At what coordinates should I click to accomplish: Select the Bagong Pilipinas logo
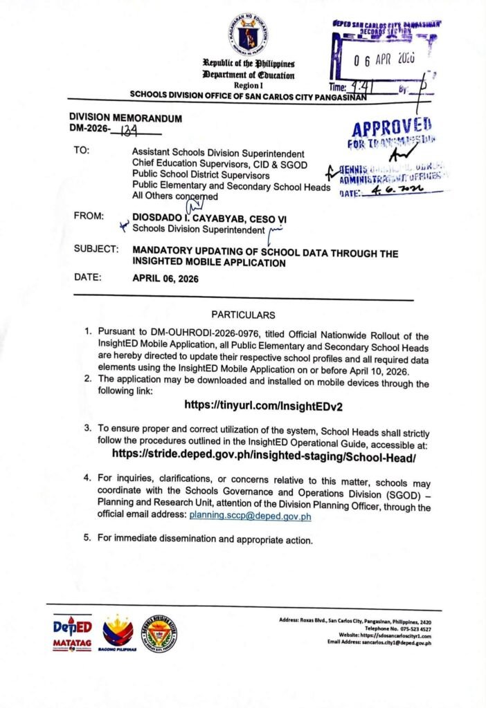(118, 633)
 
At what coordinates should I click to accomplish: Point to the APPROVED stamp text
(392, 129)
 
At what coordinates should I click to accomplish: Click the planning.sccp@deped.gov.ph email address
(250, 516)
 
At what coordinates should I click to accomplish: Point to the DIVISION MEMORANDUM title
(125, 118)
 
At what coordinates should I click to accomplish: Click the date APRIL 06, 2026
(172, 279)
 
